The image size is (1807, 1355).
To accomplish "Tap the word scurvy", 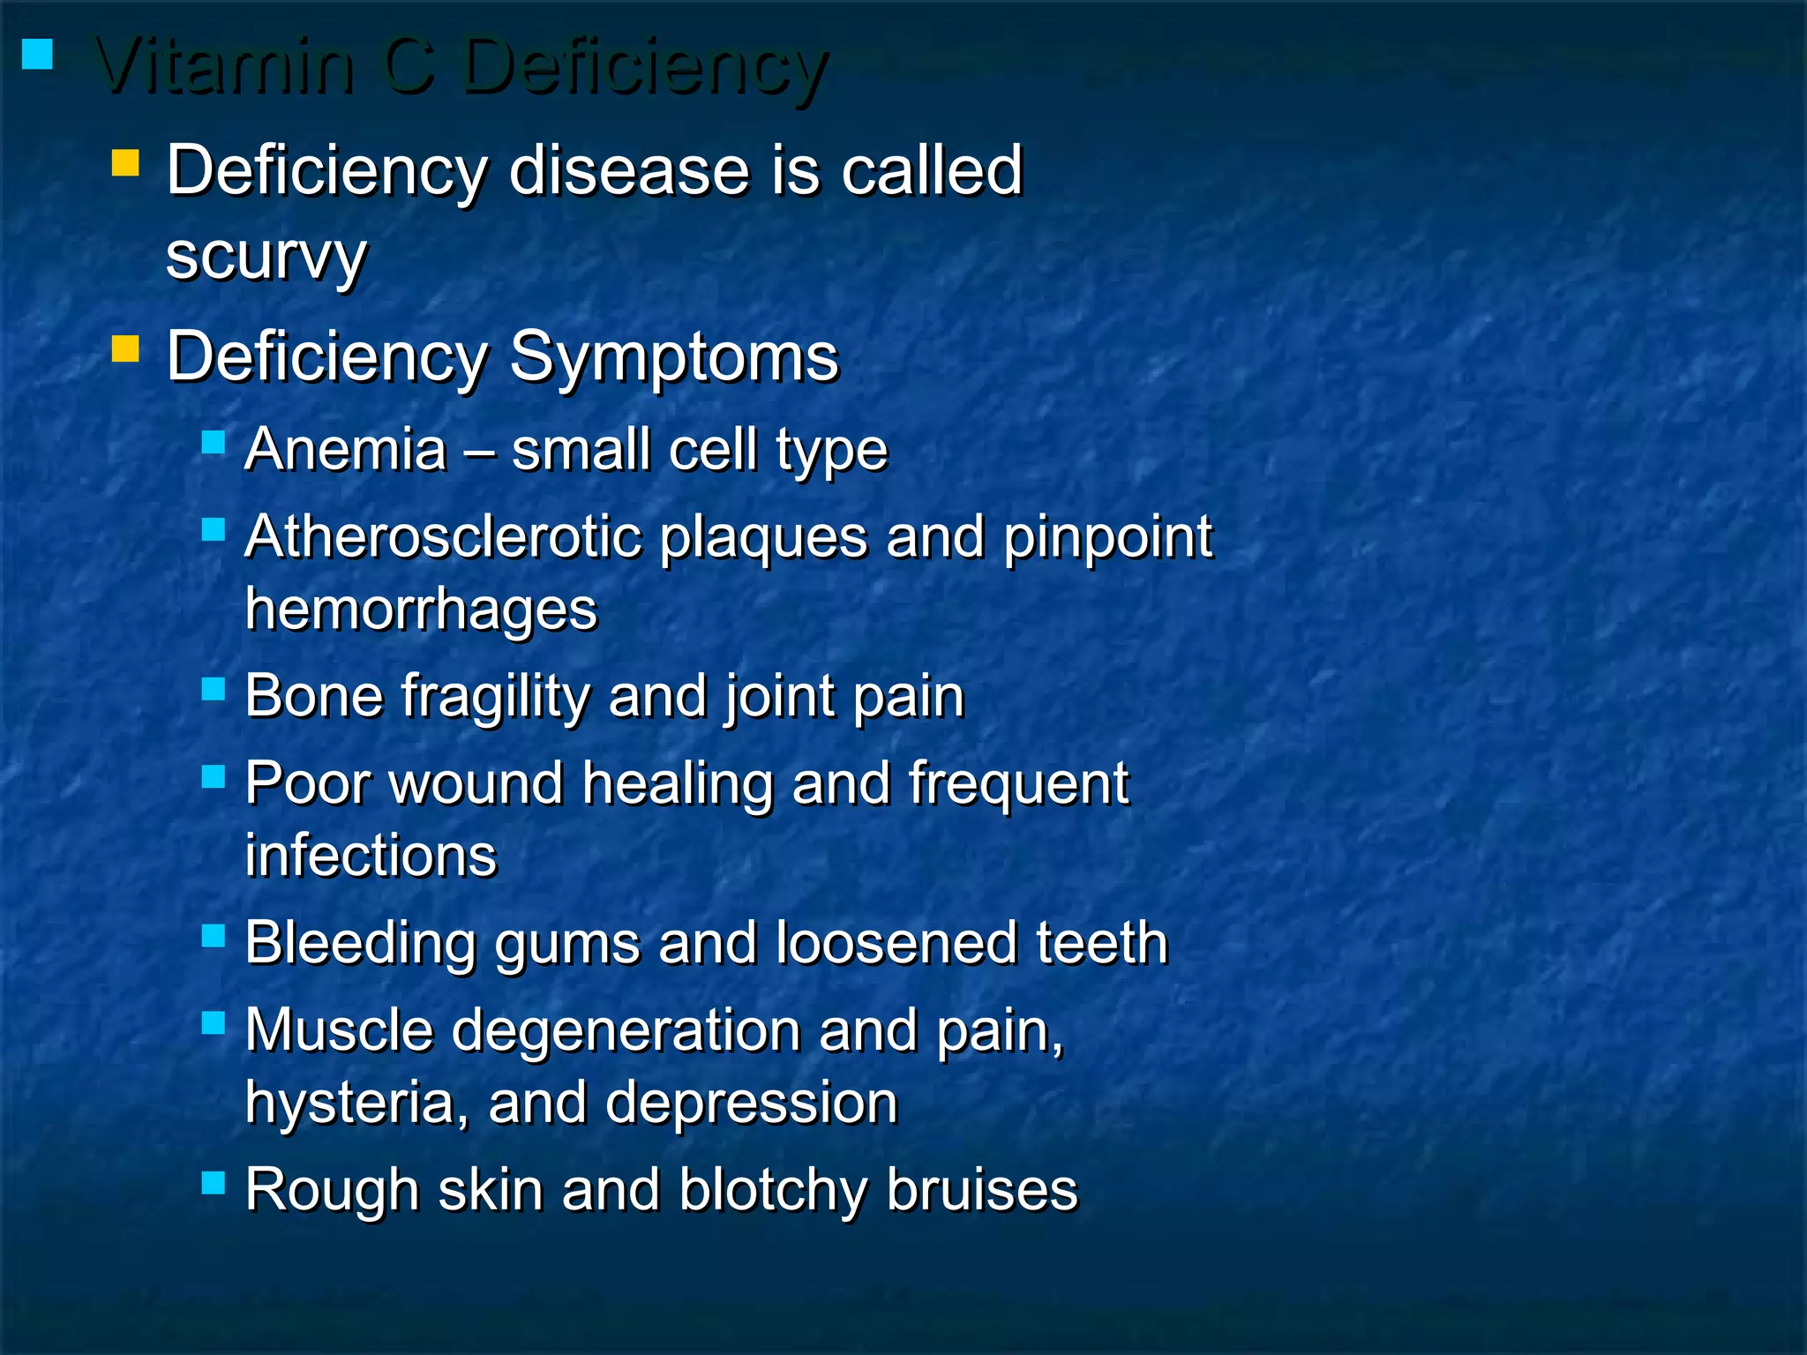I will point(266,258).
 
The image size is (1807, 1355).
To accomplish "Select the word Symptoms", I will point(674,356).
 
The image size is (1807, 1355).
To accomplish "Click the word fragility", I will point(495,697).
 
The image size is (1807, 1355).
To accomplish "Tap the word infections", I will point(371,855).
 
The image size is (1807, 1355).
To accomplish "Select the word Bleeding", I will point(360,943).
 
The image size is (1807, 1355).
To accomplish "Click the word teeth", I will point(1102,943).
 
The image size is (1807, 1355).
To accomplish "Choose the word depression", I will point(752,1103).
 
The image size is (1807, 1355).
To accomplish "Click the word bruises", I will point(982,1190).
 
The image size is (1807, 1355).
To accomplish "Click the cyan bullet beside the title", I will point(37,55).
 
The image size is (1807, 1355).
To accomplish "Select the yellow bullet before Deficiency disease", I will point(125,162).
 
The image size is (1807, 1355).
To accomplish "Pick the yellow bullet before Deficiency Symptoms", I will point(125,349).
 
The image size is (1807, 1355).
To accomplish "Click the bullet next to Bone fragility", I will point(214,688).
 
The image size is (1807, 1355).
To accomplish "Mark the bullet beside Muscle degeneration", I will point(214,1022).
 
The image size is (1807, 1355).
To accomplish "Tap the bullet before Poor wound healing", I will point(214,776).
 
